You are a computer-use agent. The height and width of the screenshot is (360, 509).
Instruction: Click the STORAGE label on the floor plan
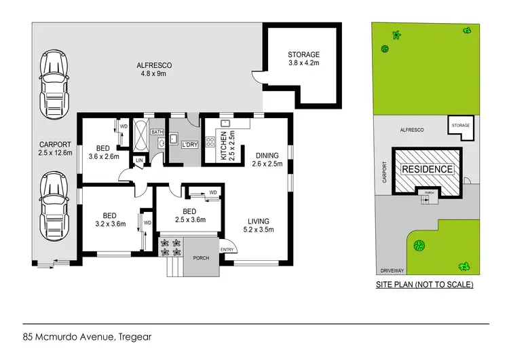[x=303, y=60]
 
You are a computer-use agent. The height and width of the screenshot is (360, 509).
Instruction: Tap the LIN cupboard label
[x=140, y=160]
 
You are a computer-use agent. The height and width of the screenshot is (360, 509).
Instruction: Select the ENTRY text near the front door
[x=227, y=249]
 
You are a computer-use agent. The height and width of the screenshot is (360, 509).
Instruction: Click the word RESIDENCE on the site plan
[x=427, y=169]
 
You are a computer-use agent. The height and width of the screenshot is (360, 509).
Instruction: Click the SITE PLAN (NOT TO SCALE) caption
[x=424, y=285]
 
